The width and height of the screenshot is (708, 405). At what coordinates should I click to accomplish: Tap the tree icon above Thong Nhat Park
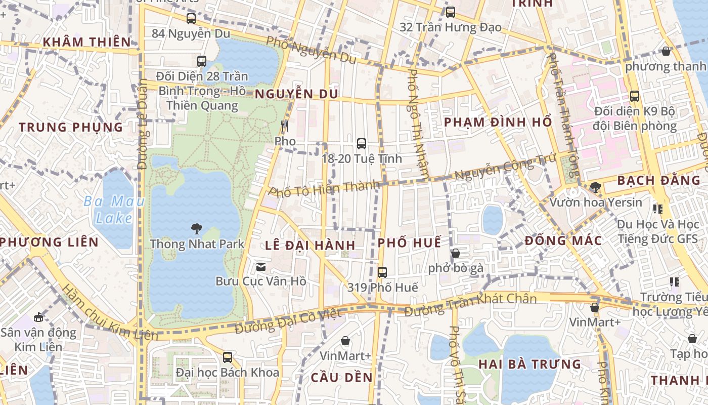(x=197, y=229)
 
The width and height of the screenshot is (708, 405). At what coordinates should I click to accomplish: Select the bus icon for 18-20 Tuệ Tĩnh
(x=362, y=144)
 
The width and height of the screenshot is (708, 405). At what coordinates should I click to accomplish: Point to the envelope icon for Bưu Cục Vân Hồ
(x=261, y=266)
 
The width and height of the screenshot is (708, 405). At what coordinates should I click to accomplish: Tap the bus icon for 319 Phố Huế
(x=382, y=272)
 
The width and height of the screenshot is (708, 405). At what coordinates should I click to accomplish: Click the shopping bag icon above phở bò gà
(x=456, y=253)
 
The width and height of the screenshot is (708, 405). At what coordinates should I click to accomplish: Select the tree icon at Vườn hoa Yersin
(x=595, y=187)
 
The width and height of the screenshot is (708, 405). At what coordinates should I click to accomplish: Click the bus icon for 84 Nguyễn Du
(x=191, y=19)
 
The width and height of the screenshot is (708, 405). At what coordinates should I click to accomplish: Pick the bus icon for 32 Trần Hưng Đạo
(x=450, y=12)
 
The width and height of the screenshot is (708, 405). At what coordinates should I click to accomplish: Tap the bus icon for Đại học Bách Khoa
(x=228, y=357)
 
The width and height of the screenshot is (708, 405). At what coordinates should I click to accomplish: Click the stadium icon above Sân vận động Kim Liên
(x=38, y=318)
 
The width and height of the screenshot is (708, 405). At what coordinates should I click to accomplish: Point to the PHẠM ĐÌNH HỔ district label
(x=498, y=122)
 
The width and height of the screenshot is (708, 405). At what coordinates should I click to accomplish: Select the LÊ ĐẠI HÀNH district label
(x=310, y=246)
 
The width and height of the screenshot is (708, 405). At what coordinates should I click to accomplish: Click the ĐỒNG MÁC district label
(x=563, y=240)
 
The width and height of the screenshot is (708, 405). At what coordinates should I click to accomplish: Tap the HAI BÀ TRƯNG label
(x=529, y=364)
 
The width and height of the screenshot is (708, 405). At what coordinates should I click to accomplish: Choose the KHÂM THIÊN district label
(x=86, y=42)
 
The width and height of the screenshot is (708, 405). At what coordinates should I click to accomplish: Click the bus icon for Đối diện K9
(x=635, y=96)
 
